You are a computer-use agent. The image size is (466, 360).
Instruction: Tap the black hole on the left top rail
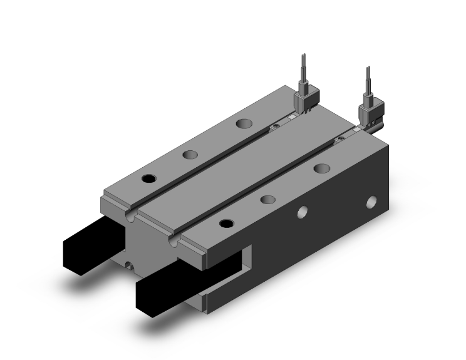tap(148, 178)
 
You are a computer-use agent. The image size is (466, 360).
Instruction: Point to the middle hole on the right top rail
tap(267, 200)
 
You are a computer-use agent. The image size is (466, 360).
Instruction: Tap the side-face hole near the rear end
tap(371, 202)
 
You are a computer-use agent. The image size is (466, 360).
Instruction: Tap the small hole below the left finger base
tap(129, 265)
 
